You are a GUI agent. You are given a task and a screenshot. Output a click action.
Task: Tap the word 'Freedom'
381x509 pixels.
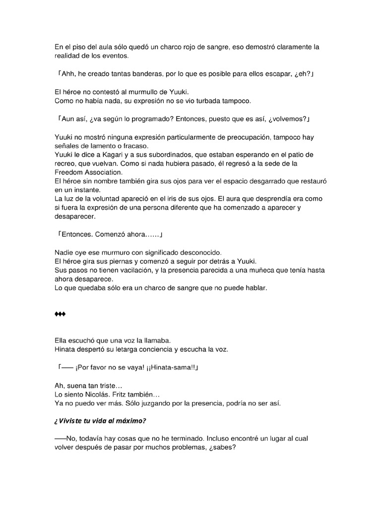point(68,172)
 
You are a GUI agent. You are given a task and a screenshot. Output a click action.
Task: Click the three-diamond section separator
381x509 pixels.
point(60,315)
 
